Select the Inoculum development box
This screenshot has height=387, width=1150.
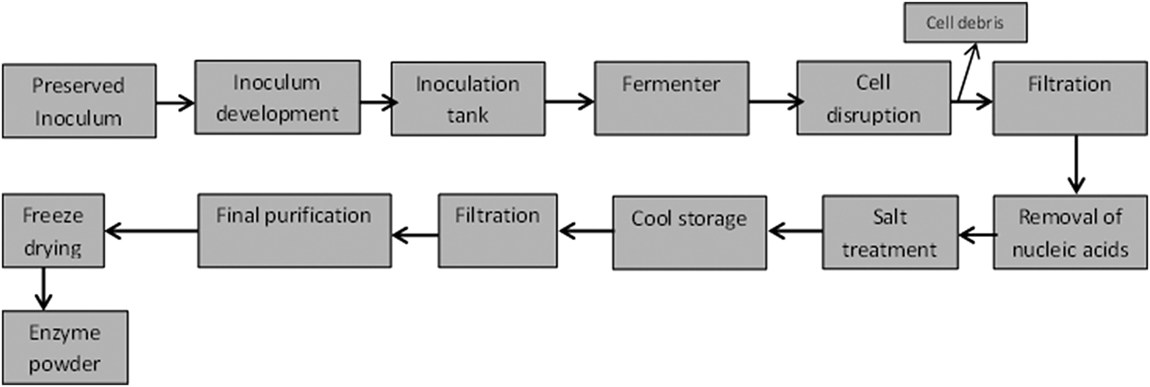click(277, 99)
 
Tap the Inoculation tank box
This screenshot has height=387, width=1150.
click(467, 99)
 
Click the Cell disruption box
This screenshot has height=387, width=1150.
click(873, 99)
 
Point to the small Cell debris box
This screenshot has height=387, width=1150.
click(964, 23)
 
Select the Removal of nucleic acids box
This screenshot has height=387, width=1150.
click(1071, 232)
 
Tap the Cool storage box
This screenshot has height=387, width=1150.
click(688, 232)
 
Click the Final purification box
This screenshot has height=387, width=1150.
click(294, 230)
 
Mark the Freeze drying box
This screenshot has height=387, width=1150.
click(53, 230)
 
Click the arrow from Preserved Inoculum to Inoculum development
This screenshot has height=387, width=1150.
click(175, 102)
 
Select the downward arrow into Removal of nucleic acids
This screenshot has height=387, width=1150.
click(1075, 164)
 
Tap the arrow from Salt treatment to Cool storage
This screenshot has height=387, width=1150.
click(795, 230)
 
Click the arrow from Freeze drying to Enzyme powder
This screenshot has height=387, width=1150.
click(43, 288)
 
